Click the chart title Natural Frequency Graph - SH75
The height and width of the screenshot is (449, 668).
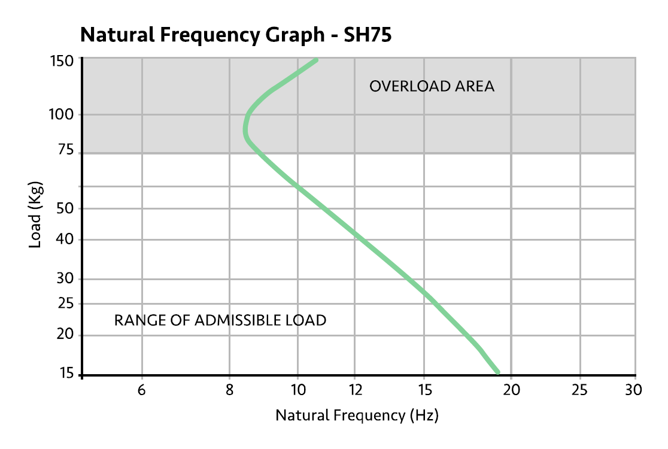(236, 35)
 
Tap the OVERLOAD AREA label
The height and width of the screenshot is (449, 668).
(432, 86)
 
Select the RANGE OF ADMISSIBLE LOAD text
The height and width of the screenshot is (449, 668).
(220, 320)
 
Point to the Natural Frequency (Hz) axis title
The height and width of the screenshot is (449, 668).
(357, 415)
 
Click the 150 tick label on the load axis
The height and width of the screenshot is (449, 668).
(61, 60)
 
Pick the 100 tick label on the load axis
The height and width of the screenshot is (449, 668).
(61, 114)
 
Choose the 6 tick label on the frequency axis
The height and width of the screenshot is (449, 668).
(142, 390)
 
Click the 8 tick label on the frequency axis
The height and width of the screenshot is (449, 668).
(229, 390)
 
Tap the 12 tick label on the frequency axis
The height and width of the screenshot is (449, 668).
(354, 390)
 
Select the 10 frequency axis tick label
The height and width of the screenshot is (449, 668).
(297, 390)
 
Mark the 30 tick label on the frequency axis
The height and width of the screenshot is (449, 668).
(633, 390)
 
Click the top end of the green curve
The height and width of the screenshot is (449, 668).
(315, 60)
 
